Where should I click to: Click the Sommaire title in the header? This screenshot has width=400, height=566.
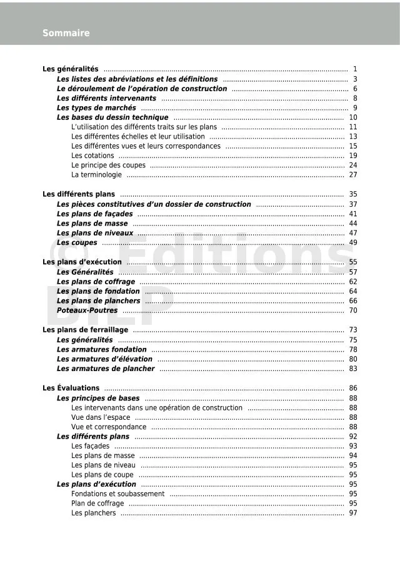tap(66, 33)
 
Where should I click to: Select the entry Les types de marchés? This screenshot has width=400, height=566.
tap(96, 108)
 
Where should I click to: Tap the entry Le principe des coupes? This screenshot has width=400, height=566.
tap(108, 166)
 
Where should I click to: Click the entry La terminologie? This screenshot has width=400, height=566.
tap(96, 175)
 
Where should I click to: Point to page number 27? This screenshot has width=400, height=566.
tap(353, 175)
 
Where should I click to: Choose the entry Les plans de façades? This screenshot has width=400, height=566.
tap(95, 214)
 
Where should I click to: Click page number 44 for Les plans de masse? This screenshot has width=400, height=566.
tap(353, 224)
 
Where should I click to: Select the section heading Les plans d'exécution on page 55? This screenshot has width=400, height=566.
tap(82, 262)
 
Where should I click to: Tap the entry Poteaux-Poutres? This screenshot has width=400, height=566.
tap(87, 310)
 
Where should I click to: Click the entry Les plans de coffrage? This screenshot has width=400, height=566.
tap(96, 282)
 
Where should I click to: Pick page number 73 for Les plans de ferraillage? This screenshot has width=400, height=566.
tap(353, 330)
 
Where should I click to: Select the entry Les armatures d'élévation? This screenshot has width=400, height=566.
tap(104, 359)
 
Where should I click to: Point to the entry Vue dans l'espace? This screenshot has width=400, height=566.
tap(101, 417)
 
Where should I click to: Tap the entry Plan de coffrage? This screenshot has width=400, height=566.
tap(97, 504)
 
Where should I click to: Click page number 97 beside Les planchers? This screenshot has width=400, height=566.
tap(353, 514)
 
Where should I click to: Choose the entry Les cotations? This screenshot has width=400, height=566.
tap(92, 156)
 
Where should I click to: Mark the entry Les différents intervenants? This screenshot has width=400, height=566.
tap(106, 98)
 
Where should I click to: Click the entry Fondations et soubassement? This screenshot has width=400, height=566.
tap(117, 494)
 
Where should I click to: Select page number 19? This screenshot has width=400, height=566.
tap(353, 156)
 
